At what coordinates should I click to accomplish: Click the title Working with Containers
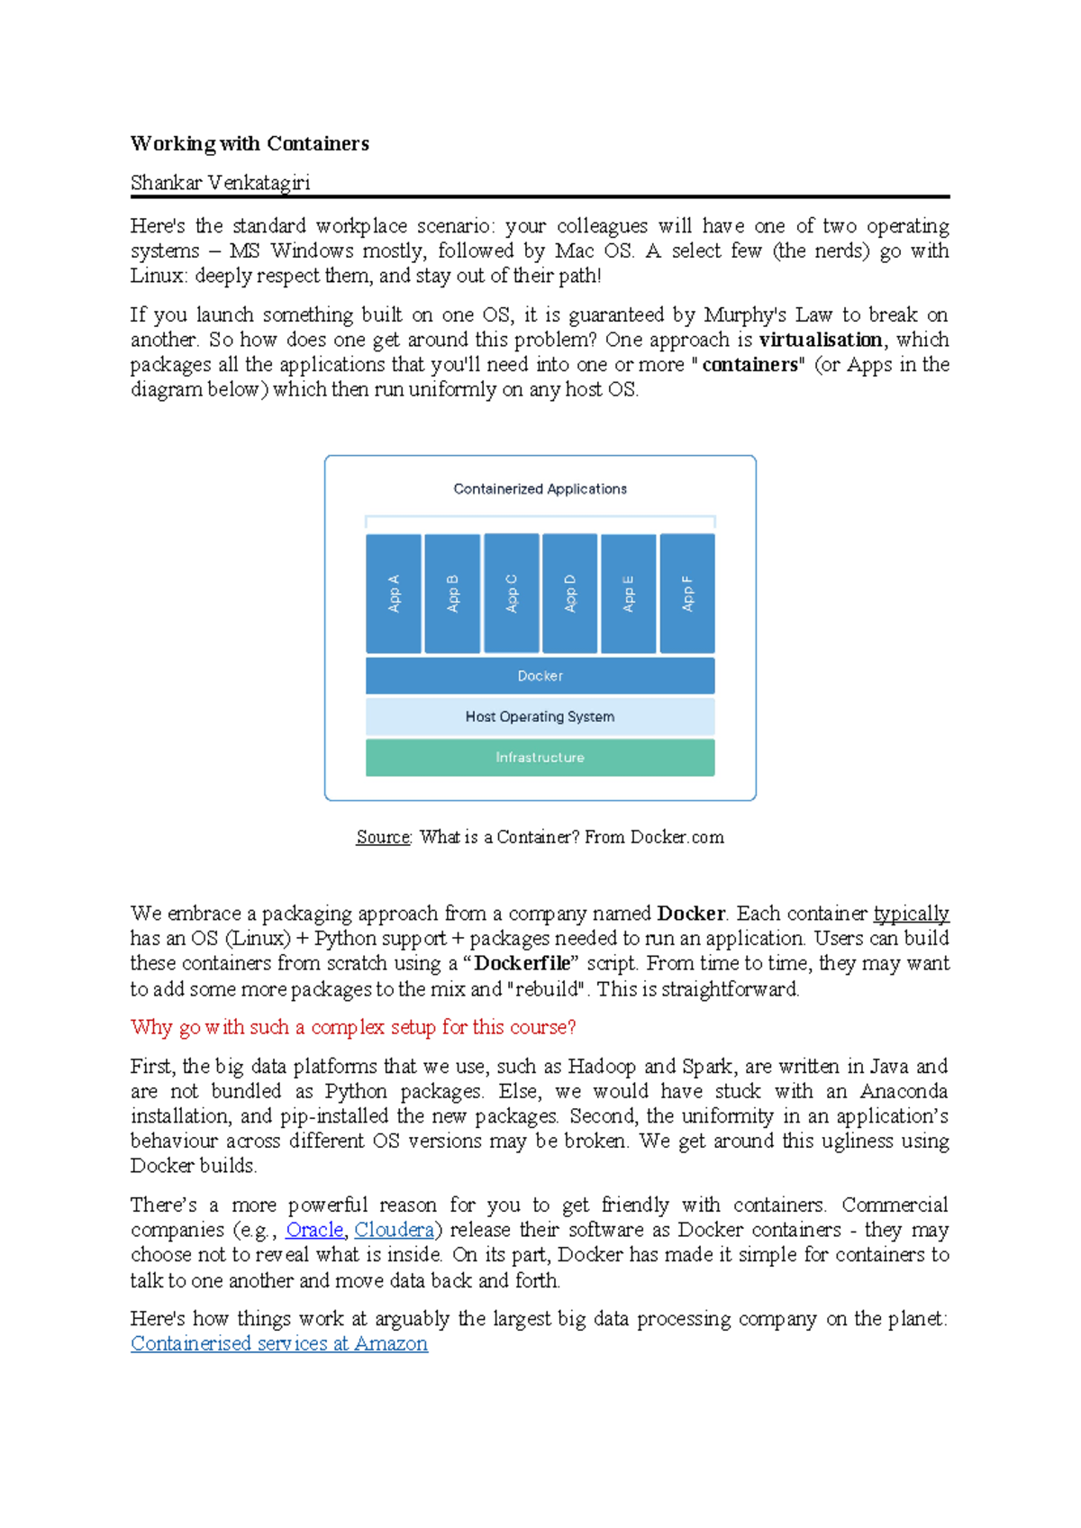coord(250,144)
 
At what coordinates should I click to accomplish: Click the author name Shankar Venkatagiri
coord(220,183)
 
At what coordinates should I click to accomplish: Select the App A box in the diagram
coord(394,594)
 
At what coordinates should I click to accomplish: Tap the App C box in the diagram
coord(512,594)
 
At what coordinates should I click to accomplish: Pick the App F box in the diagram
coord(687,594)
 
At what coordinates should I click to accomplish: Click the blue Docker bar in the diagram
coord(540,676)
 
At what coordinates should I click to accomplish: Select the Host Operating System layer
coord(540,717)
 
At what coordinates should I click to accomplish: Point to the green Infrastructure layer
coord(540,758)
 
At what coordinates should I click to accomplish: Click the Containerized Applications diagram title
coord(540,489)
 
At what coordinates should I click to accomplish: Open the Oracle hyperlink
coord(314,1230)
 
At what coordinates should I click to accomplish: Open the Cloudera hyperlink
coord(394,1230)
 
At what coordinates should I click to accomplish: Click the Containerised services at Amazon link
coord(279,1343)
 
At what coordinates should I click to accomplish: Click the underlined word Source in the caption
coord(383,837)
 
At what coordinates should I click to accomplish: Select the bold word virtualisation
coord(821,340)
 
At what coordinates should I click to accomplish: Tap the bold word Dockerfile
coord(522,963)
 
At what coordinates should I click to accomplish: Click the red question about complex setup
coord(353,1027)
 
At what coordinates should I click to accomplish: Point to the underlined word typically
coord(911,914)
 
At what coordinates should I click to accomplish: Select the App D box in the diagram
coord(569,594)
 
